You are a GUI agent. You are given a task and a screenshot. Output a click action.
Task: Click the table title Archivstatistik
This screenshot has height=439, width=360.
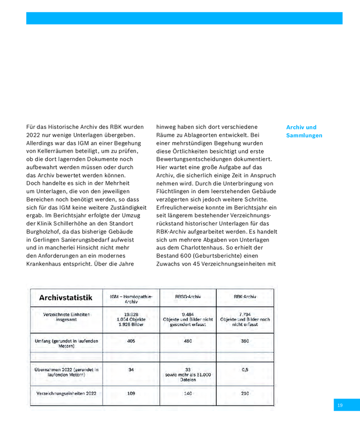(x=65, y=298)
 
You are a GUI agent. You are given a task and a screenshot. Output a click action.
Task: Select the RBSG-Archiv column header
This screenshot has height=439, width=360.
(x=188, y=296)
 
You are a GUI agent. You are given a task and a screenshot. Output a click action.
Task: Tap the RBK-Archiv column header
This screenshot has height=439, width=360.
(x=245, y=296)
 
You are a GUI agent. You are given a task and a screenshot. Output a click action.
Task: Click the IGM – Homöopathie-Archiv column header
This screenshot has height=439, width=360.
(x=131, y=299)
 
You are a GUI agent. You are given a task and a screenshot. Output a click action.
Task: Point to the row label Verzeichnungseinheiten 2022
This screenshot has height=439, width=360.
(x=66, y=394)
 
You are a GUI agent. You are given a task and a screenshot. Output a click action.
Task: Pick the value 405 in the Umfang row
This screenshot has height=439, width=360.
(x=131, y=341)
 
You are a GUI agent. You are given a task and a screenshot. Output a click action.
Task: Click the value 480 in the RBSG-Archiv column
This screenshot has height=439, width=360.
(x=188, y=341)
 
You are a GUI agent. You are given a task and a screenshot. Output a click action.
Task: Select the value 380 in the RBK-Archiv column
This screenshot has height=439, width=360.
(x=245, y=341)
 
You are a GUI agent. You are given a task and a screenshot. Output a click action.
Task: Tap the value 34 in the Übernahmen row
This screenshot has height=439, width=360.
(x=131, y=370)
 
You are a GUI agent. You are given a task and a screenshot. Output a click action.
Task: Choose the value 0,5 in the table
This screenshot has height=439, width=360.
(x=245, y=370)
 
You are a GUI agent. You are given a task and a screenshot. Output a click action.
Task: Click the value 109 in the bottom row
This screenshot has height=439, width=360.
(x=131, y=394)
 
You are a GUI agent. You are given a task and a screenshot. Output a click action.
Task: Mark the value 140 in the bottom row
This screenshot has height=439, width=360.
(x=188, y=394)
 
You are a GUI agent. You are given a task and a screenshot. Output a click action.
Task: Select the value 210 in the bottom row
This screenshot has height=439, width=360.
(x=245, y=394)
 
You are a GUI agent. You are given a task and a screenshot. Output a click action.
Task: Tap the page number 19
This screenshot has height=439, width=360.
(x=340, y=405)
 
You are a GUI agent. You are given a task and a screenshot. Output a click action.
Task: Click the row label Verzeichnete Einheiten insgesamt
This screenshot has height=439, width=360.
(x=66, y=318)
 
